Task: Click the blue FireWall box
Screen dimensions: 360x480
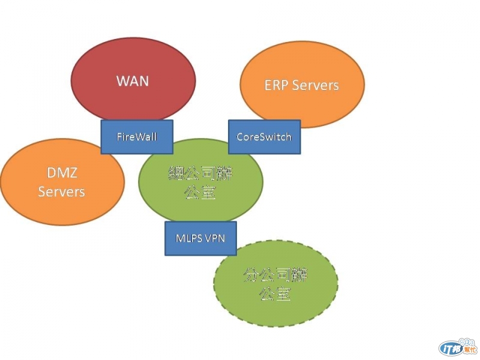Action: tap(137, 137)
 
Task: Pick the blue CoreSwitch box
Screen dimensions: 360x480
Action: tap(264, 137)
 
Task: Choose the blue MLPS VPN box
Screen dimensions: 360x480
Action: tap(200, 238)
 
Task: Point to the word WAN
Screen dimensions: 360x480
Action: tap(133, 80)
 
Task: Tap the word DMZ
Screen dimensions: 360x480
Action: tap(61, 173)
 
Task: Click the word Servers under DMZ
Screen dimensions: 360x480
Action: tap(61, 192)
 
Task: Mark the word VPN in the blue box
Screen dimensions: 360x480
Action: tap(215, 238)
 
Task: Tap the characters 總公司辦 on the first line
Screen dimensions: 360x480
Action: tap(200, 175)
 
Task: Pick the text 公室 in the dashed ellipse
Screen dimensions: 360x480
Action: tap(275, 294)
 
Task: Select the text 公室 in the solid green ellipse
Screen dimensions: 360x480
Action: tap(200, 193)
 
